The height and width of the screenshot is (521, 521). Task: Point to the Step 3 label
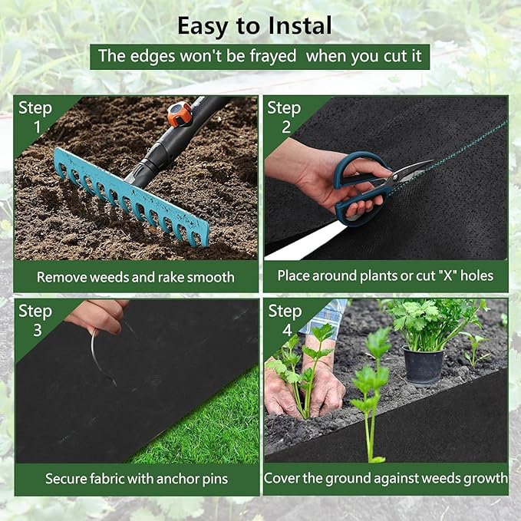tap(35, 320)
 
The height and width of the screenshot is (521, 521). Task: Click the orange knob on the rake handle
tap(180, 114)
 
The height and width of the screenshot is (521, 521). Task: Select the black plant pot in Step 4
tap(423, 365)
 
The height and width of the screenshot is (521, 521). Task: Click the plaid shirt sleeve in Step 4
tap(328, 316)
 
